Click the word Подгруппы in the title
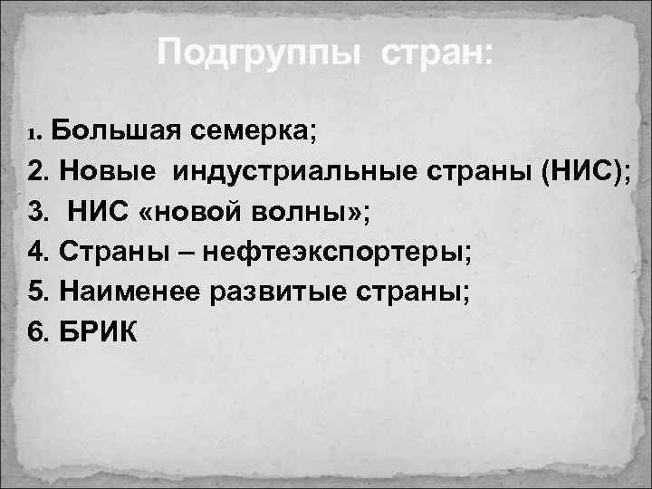pyautogui.click(x=257, y=53)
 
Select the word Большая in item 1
pyautogui.click(x=118, y=133)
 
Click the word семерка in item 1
pyautogui.click(x=252, y=133)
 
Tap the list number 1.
pyautogui.click(x=35, y=135)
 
